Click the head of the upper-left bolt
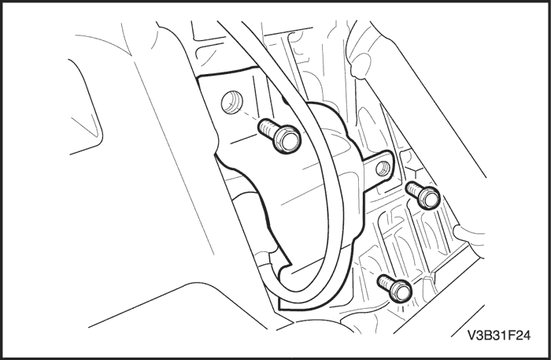287,139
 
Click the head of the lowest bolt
401,291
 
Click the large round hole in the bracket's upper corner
232,102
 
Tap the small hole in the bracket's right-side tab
383,169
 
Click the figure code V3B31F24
498,336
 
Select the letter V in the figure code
471,336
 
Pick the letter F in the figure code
509,336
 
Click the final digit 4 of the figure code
526,336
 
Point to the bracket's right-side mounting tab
379,168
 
